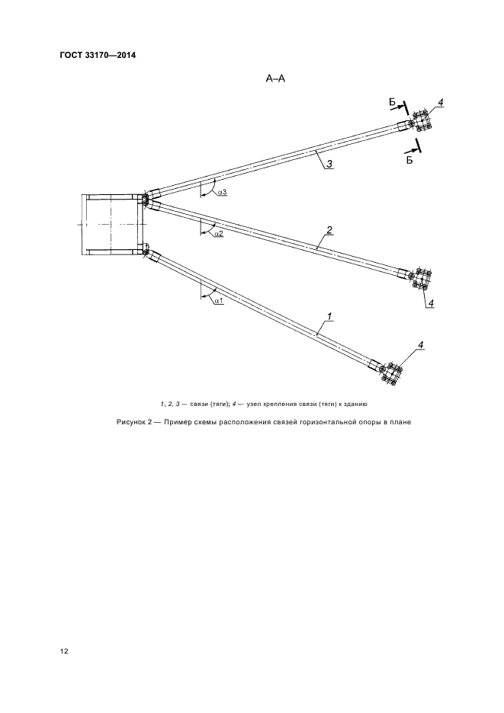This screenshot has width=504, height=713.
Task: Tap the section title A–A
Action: [275, 78]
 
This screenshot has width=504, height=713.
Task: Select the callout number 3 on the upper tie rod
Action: [328, 162]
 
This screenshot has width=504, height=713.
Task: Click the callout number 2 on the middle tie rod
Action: [329, 230]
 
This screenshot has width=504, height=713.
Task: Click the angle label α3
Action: [222, 193]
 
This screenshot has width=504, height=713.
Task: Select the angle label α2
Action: [218, 234]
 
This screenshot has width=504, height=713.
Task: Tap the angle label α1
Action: [218, 302]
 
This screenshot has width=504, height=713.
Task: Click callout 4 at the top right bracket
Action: [440, 104]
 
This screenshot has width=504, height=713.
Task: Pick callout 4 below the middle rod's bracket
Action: [430, 303]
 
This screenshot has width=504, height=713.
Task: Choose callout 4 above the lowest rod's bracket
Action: [420, 346]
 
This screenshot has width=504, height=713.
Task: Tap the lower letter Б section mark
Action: [409, 161]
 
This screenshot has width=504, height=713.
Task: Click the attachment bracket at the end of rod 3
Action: [420, 123]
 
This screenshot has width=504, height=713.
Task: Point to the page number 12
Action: [64, 651]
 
